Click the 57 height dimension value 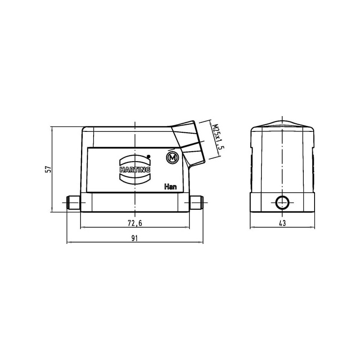tap(49, 169)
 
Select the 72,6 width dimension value tap(135, 223)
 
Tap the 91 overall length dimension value tap(135, 238)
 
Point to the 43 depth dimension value tap(283, 223)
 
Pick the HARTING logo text tap(135, 170)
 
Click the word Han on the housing tap(171, 187)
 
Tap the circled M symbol tap(172, 158)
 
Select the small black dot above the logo tap(148, 156)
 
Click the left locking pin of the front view tap(73, 202)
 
